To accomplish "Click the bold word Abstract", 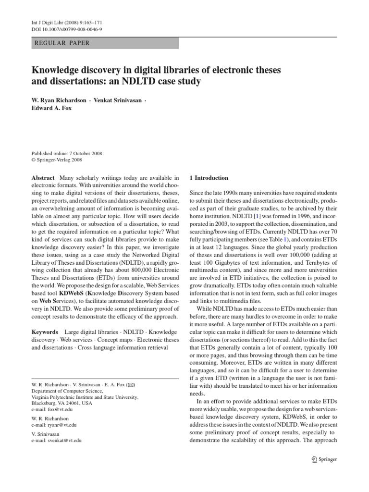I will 42,178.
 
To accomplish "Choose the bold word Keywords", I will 45,332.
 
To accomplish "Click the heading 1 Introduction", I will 209,178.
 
